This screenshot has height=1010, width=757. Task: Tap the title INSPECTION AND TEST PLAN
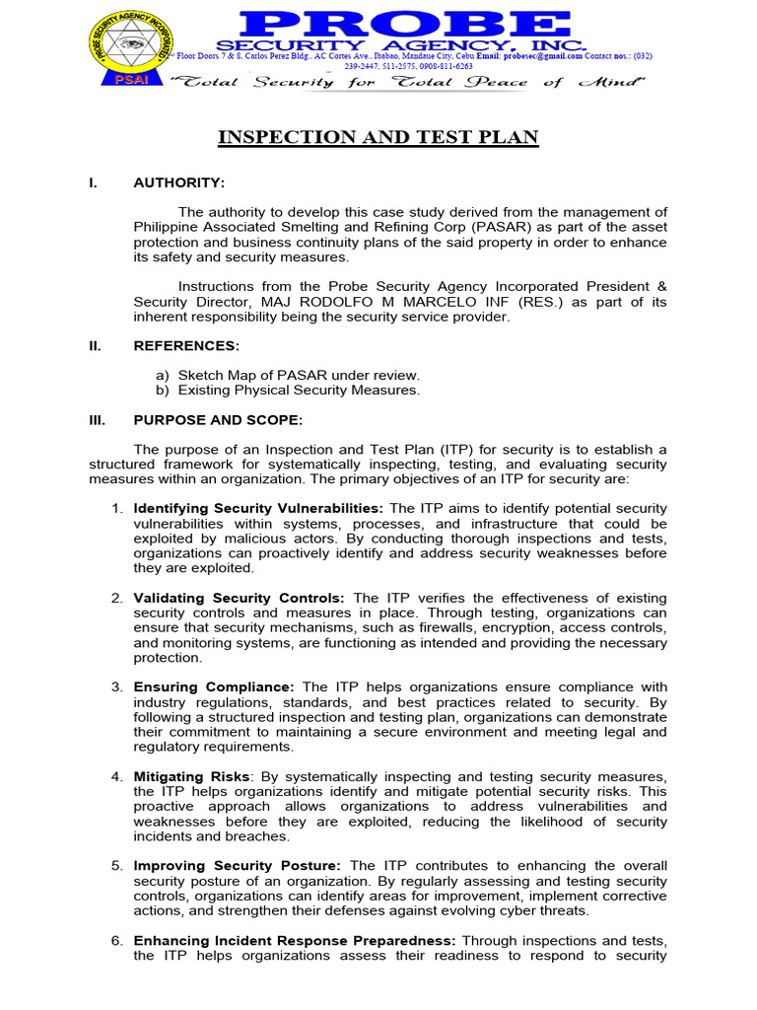pos(378,137)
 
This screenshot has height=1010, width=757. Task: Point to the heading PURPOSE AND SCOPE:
pos(218,419)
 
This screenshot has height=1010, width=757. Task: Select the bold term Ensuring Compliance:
pos(214,686)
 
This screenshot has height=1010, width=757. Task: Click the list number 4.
pos(116,776)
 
